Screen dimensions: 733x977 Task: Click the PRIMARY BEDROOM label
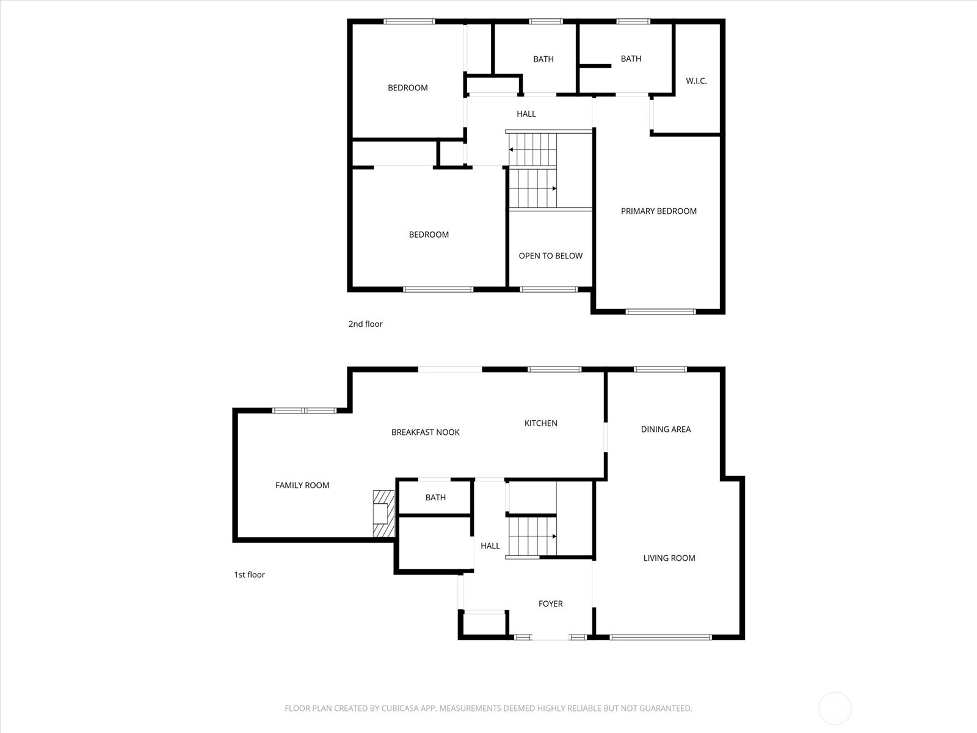[x=658, y=211]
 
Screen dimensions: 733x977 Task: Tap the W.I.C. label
[x=696, y=81]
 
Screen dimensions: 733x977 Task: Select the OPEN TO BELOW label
[x=550, y=256]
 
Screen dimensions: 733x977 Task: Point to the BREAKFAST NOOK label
[x=425, y=432]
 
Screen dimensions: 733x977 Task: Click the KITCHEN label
[x=540, y=423]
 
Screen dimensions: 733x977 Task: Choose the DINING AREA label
[x=666, y=429]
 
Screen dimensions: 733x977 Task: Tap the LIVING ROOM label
[x=669, y=558]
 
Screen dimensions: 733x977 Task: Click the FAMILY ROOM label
[x=302, y=486]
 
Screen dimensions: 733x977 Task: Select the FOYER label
[x=550, y=604]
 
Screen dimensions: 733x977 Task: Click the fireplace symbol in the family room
[x=383, y=514]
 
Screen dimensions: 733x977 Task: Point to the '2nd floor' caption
[x=365, y=324]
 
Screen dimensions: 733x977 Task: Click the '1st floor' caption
[x=249, y=575]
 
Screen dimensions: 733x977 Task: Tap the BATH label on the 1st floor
[x=435, y=498]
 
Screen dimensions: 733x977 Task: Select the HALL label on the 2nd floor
[x=526, y=114]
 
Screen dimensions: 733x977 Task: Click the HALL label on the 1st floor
[x=490, y=546]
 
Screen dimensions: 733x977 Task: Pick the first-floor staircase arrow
[x=553, y=536]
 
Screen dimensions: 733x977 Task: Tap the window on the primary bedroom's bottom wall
[x=660, y=312]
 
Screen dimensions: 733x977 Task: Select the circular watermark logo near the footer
[x=834, y=709]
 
